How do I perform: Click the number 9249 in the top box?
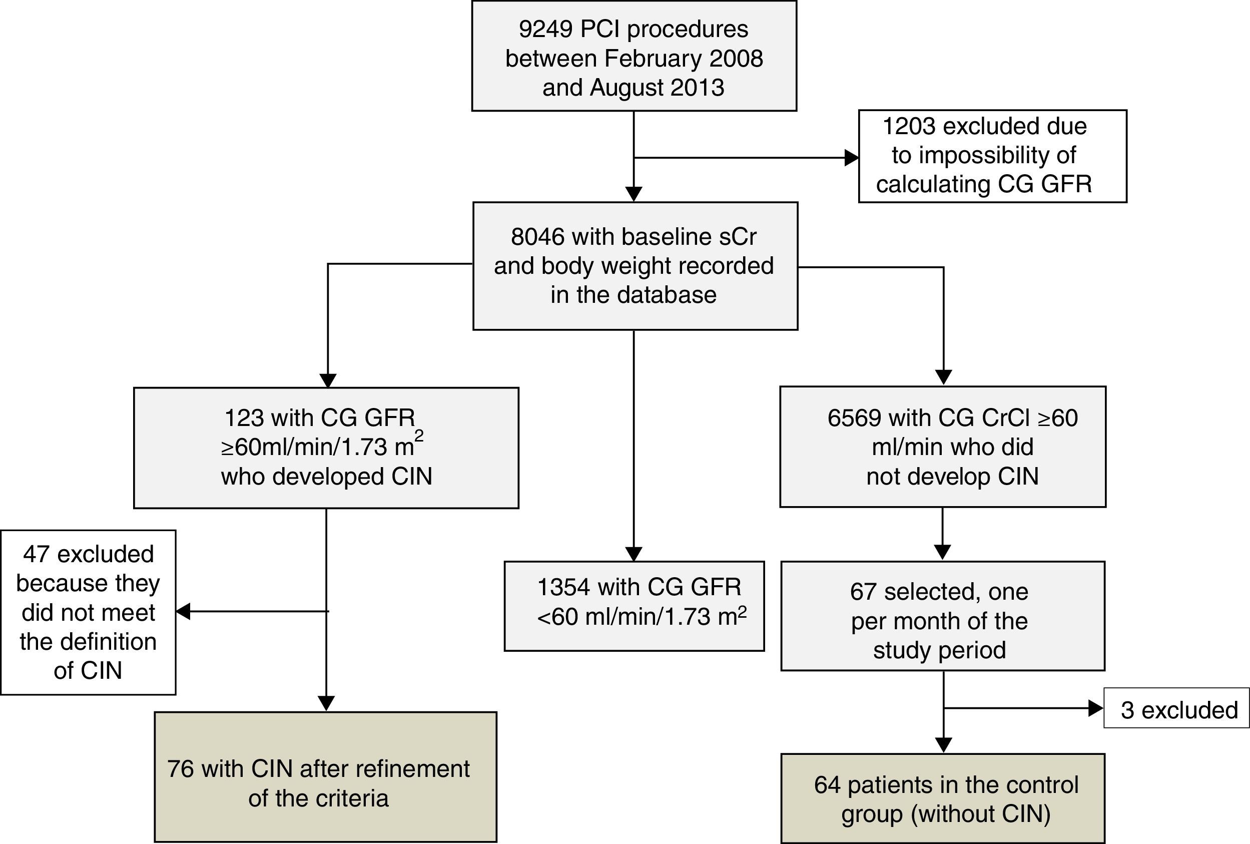pyautogui.click(x=545, y=29)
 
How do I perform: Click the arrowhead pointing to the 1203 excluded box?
pyautogui.click(x=852, y=158)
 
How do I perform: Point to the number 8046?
pyautogui.click(x=537, y=237)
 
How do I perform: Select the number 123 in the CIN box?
pyautogui.click(x=244, y=418)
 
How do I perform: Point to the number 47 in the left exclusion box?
pyautogui.click(x=37, y=554)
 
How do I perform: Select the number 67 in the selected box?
pyautogui.click(x=863, y=592)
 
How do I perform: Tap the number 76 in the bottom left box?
pyautogui.click(x=180, y=769)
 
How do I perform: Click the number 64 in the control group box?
pyautogui.click(x=827, y=785)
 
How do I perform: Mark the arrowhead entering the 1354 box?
pyautogui.click(x=634, y=554)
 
